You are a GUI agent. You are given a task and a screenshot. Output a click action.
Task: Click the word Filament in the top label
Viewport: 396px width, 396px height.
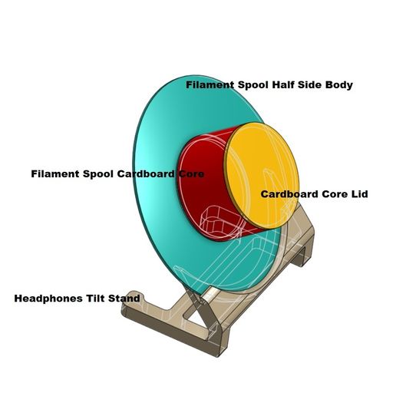click(x=210, y=85)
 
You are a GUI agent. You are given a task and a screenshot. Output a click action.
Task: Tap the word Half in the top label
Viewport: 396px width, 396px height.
click(x=285, y=85)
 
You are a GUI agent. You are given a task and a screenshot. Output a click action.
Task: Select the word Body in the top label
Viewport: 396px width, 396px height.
click(x=338, y=85)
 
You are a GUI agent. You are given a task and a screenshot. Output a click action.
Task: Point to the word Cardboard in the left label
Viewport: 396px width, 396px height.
click(x=146, y=174)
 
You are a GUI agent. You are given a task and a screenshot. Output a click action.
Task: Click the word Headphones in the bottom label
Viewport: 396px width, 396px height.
click(x=48, y=298)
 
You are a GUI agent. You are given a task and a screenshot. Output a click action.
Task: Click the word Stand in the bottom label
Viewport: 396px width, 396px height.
click(x=124, y=298)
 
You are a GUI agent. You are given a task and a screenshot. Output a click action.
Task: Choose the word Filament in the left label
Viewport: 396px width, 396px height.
click(x=55, y=174)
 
